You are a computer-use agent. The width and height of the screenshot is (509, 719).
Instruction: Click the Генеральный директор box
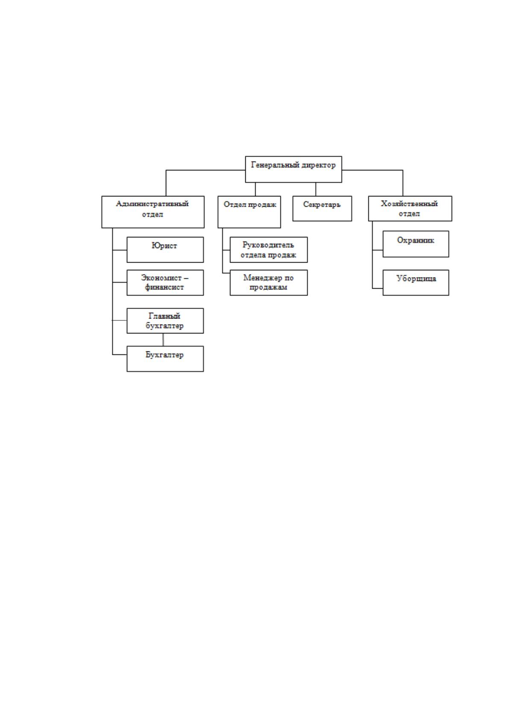coord(293,169)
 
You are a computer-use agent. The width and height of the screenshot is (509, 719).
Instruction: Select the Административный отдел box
coord(153,212)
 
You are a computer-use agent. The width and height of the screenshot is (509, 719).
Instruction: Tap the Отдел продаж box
coord(249,212)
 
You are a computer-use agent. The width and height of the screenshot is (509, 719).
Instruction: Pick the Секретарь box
coord(322,208)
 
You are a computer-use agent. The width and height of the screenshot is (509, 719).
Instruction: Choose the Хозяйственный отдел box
coord(410,208)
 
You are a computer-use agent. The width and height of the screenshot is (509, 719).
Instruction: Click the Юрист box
coord(165,250)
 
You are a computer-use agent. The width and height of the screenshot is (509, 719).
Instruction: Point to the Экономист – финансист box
coord(165,283)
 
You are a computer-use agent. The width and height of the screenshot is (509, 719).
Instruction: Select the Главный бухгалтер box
coord(165,321)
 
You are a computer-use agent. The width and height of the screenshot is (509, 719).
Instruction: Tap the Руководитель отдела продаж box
coord(269,250)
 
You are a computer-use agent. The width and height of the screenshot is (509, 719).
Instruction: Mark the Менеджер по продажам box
coord(269,283)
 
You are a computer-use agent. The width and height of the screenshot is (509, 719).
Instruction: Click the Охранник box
coord(416,244)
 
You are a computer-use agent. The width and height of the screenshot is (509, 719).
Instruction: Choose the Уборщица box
coord(416,283)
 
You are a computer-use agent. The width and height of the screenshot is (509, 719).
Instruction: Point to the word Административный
coord(152,204)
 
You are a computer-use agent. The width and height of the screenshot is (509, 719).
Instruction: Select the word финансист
coord(164,287)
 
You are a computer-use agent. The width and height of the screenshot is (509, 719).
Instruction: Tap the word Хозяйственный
coord(409,204)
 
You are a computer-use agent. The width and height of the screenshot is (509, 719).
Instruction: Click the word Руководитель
coord(268,245)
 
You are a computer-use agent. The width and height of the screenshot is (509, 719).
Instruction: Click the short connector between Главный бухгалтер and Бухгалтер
coord(163,339)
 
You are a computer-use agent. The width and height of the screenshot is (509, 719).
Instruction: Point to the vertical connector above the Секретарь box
coord(315,190)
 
